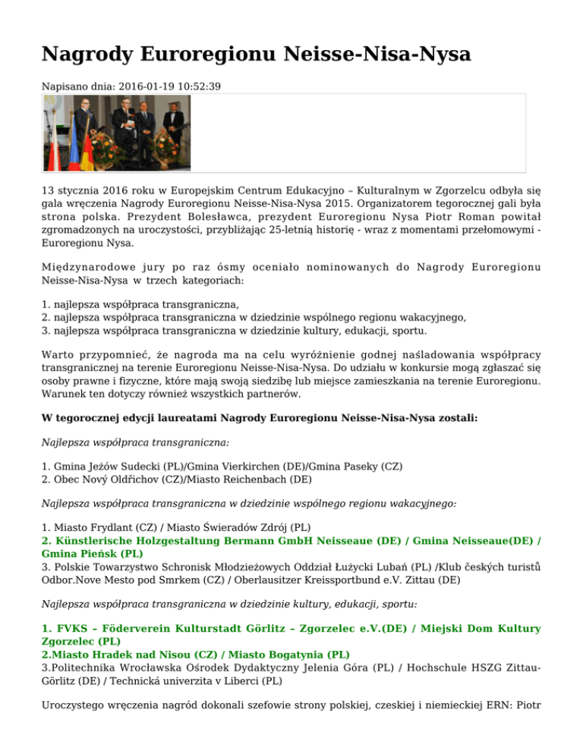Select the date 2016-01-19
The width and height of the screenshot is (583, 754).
pos(144,87)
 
